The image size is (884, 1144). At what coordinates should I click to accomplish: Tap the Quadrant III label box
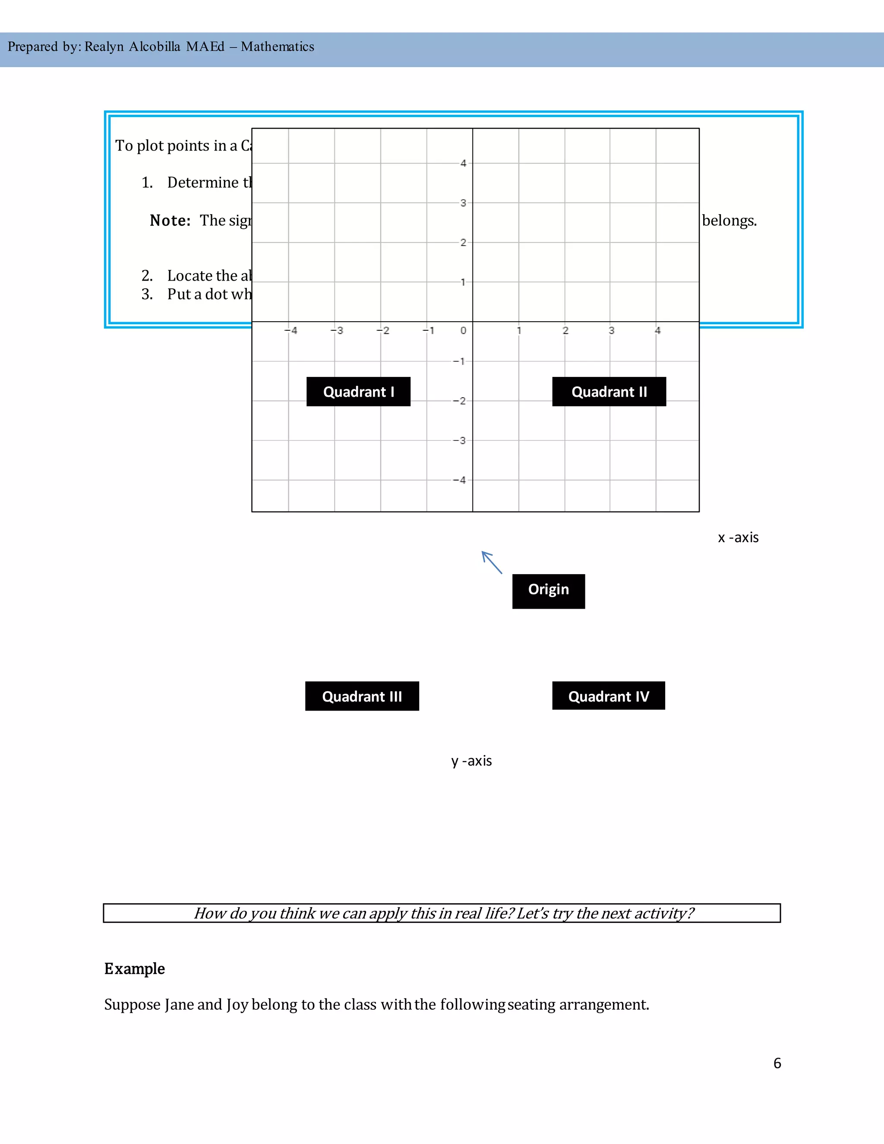[x=362, y=696]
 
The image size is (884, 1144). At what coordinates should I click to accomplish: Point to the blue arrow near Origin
[x=492, y=563]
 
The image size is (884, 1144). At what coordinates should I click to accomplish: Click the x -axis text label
[x=738, y=537]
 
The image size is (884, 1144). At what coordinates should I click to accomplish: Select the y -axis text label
[x=471, y=761]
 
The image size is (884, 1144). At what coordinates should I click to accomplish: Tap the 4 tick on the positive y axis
[x=463, y=164]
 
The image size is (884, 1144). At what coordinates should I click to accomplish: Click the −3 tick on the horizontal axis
[x=337, y=331]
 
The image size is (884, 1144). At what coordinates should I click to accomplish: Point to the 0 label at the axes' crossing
[x=463, y=331]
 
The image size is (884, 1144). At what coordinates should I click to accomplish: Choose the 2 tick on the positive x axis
[x=565, y=331]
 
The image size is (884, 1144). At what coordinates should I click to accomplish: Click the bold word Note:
[x=170, y=221]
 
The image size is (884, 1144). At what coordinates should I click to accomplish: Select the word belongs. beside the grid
[x=729, y=221]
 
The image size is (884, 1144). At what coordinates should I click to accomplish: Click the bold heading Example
[x=135, y=969]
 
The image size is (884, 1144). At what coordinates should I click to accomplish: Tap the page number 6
[x=777, y=1063]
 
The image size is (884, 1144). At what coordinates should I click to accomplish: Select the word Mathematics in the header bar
[x=278, y=47]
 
